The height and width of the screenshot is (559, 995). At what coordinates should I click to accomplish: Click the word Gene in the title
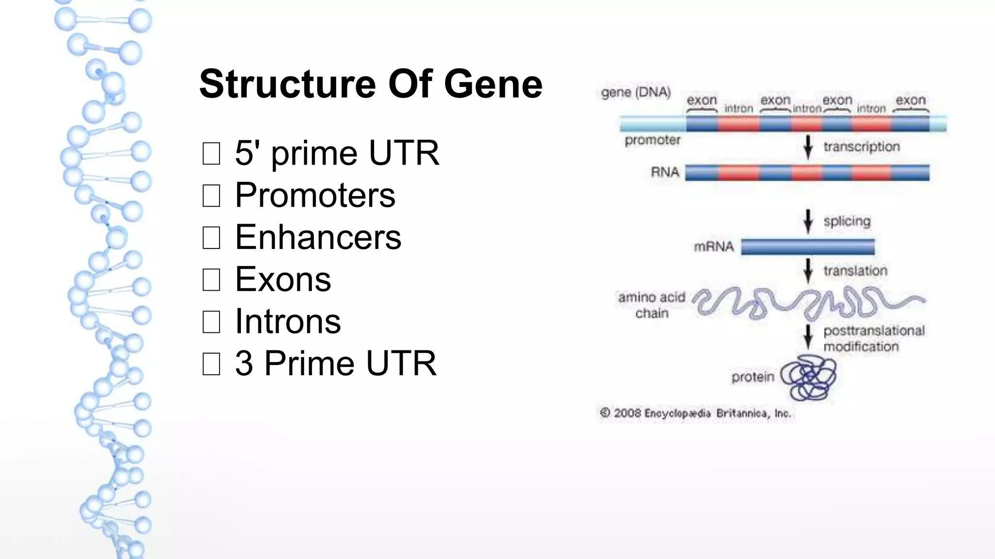point(493,84)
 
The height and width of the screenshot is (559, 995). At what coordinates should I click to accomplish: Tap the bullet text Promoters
point(315,195)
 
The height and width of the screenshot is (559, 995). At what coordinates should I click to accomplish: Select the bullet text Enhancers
point(318,237)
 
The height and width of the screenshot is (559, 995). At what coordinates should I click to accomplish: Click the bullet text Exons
point(283,279)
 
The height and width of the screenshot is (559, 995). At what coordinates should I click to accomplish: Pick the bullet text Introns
point(288,321)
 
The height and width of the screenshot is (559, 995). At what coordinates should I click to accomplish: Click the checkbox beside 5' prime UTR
point(211,153)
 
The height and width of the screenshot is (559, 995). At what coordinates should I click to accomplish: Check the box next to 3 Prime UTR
point(211,364)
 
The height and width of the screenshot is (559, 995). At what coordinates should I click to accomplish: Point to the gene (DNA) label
point(635,92)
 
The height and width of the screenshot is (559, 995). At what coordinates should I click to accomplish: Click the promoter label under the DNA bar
point(652,140)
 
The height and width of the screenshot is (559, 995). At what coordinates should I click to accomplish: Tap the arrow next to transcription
point(808,147)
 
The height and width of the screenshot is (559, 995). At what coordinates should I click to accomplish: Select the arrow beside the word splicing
point(808,221)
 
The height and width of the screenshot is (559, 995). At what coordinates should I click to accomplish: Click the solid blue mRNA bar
point(807,247)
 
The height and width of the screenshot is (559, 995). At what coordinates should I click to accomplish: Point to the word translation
point(855,271)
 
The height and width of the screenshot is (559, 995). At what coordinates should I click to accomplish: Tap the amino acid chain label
point(652,305)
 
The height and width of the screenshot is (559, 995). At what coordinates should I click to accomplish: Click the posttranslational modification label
point(874,339)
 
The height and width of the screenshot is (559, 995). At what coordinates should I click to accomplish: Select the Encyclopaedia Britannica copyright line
point(695,413)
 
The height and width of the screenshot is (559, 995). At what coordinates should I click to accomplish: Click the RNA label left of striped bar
point(665,172)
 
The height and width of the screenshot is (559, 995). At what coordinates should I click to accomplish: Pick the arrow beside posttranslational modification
point(808,337)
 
